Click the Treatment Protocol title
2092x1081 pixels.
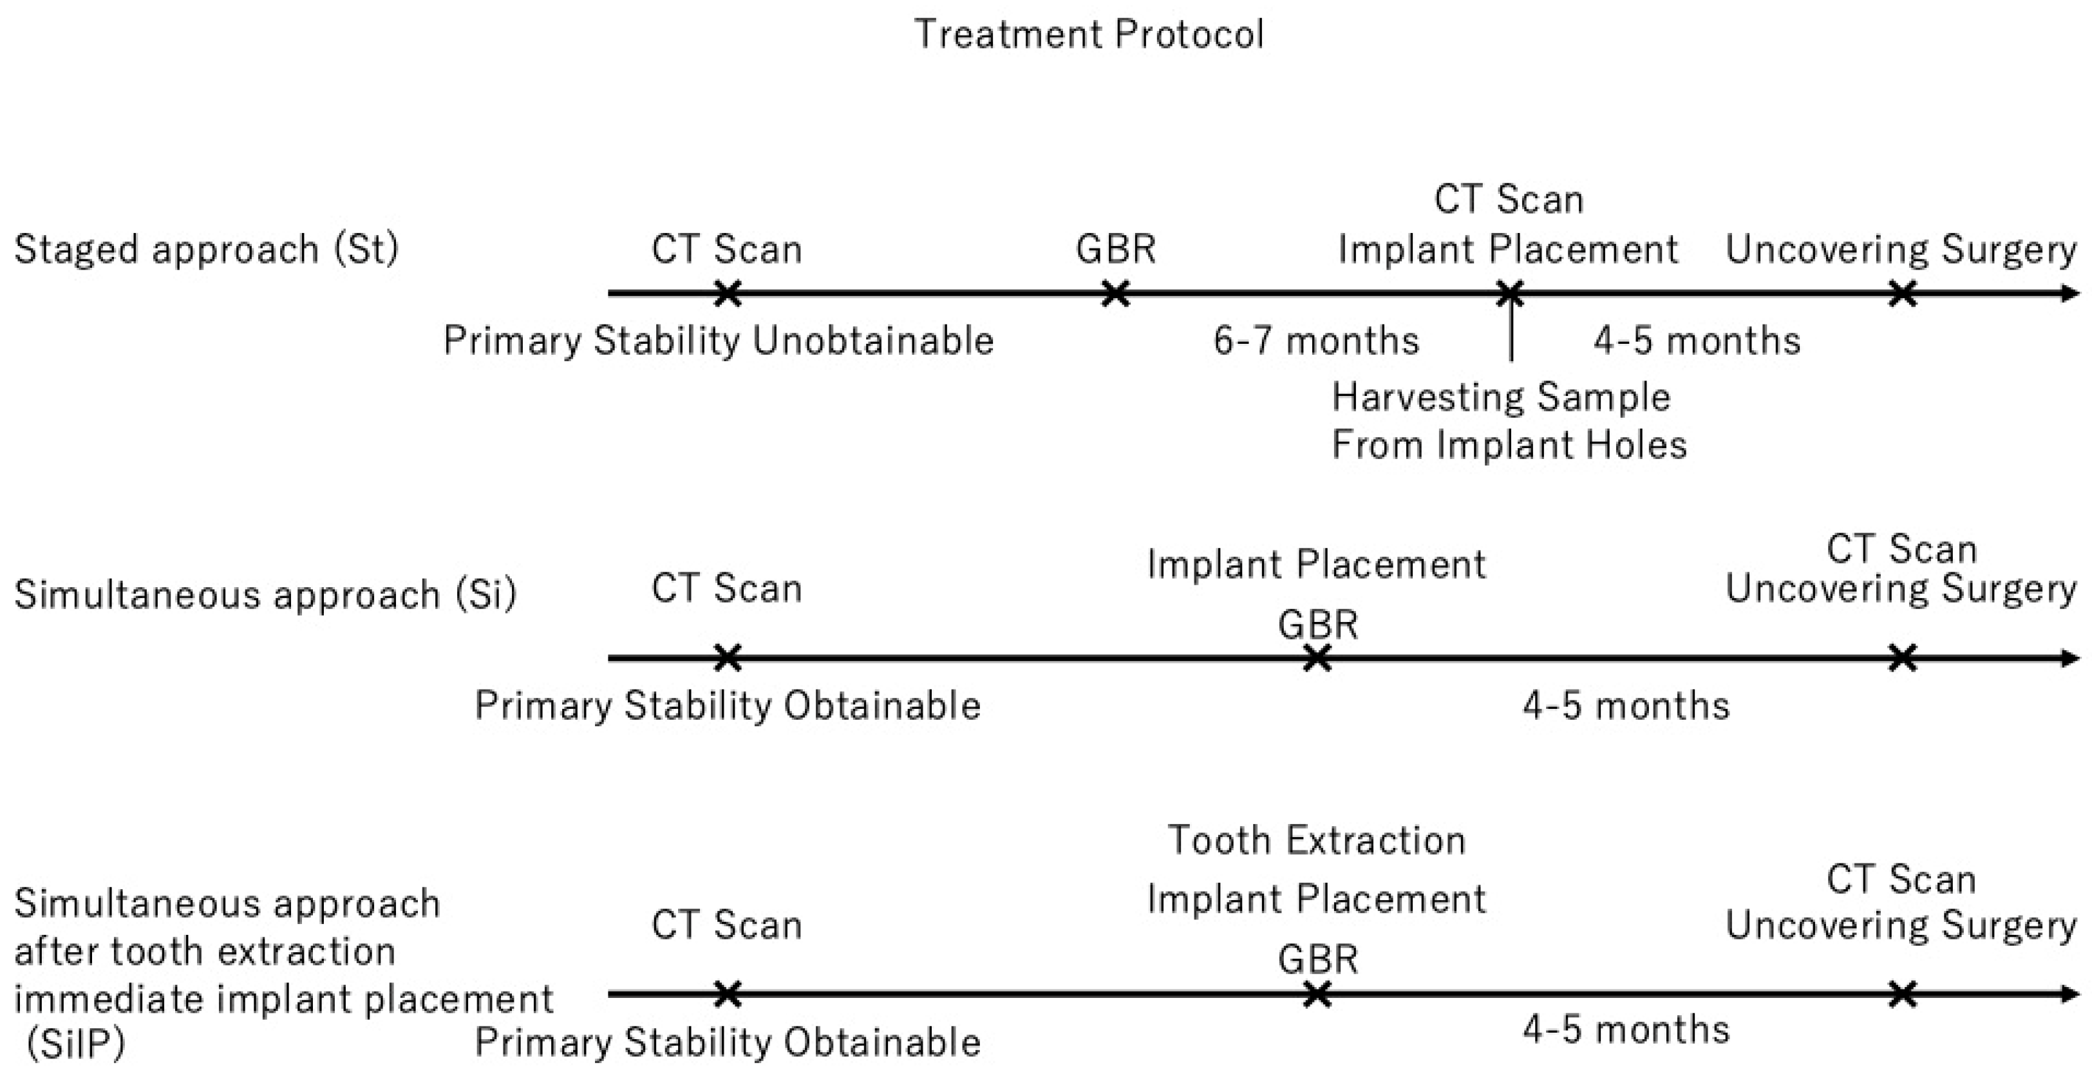[1088, 34]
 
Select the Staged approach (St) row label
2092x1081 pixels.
[206, 249]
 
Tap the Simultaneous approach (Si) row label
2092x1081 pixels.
[265, 594]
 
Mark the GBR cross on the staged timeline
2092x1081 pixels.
[1116, 293]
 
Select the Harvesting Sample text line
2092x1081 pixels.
[1501, 397]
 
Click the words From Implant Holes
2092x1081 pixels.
[1509, 445]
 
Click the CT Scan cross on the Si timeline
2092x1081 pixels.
[728, 658]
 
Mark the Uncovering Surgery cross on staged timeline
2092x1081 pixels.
[1903, 293]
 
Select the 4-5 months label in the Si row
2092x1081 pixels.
[1626, 705]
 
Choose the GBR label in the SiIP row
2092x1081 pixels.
[1317, 959]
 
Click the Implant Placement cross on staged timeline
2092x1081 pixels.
[1511, 293]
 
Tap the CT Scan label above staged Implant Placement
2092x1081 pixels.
[1508, 200]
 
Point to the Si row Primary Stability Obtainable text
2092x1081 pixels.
[728, 705]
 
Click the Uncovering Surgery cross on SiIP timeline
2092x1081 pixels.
[1903, 993]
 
